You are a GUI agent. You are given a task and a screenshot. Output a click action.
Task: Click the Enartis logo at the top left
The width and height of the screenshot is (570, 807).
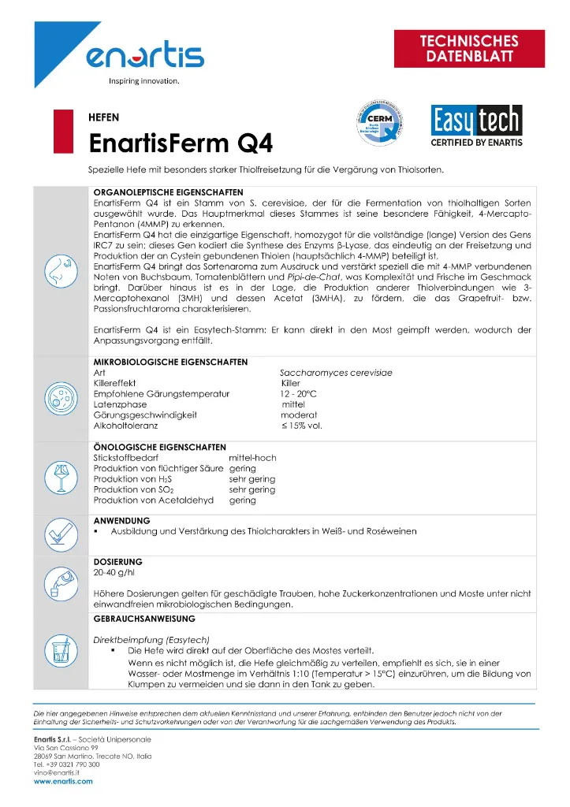tap(144, 56)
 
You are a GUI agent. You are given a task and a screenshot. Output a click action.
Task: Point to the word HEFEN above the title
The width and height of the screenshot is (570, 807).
tap(104, 117)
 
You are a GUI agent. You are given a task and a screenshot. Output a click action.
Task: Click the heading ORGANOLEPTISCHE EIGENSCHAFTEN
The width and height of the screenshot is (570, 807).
tap(168, 192)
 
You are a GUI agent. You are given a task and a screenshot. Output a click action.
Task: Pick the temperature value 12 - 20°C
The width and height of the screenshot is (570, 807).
tap(297, 393)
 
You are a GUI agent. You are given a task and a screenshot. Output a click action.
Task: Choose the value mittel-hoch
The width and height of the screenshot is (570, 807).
tap(253, 457)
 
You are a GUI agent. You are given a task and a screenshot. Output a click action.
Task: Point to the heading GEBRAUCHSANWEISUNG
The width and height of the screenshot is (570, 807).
tap(144, 620)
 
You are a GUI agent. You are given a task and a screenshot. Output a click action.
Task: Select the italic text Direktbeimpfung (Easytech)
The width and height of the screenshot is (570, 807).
tap(151, 639)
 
